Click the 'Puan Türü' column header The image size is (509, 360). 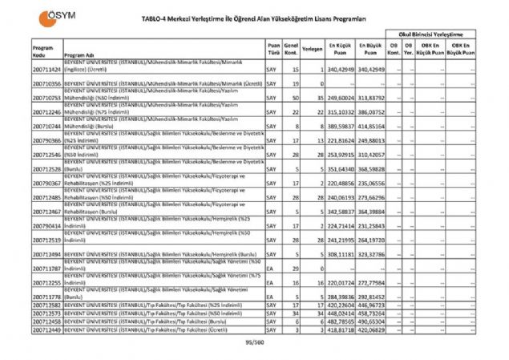point(274,49)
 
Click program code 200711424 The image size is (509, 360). point(47,70)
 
